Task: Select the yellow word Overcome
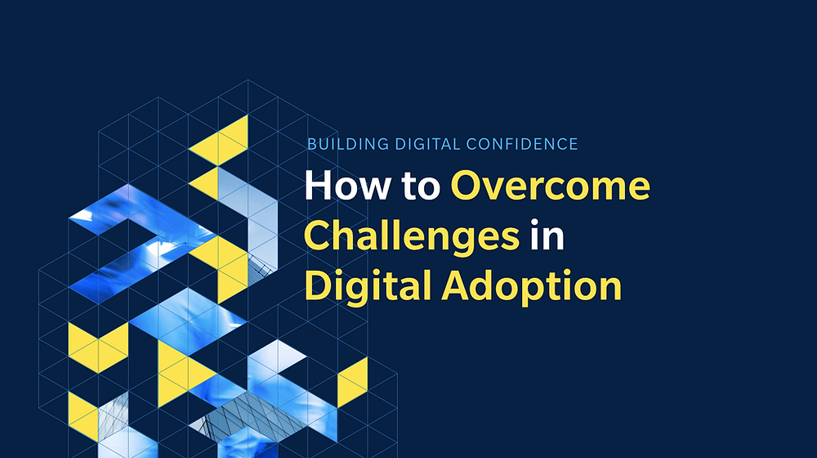[x=551, y=186]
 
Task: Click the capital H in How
[x=318, y=186]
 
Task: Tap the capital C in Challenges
[x=319, y=236]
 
